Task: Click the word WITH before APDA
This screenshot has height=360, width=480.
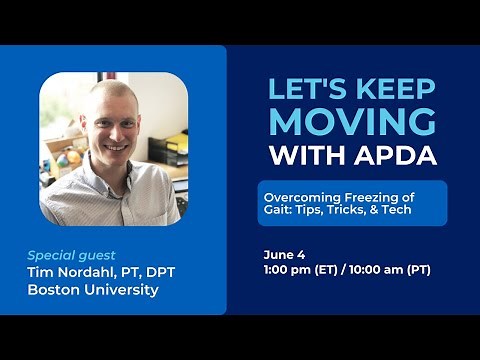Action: coord(299,156)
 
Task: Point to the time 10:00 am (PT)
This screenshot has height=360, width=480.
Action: coord(395,270)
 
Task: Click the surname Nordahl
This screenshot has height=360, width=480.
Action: coord(102,272)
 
